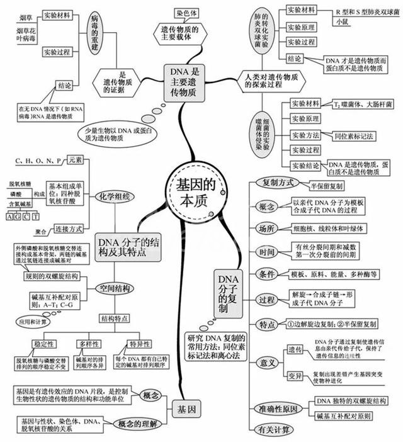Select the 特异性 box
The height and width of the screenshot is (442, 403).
pyautogui.click(x=139, y=344)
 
